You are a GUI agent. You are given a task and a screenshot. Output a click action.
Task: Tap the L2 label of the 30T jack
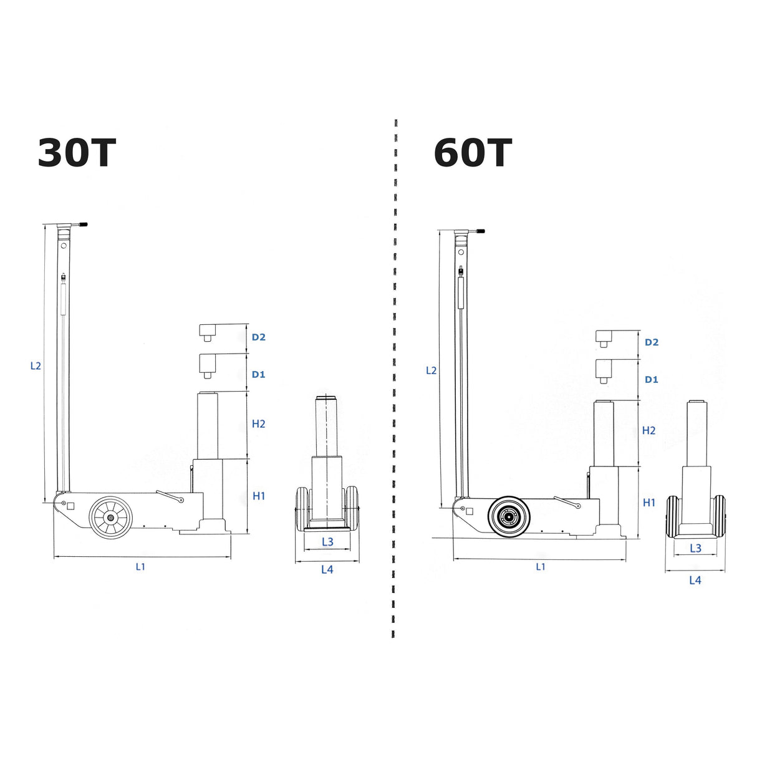click(x=36, y=366)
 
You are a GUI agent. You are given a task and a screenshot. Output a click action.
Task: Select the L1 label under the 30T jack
click(x=141, y=566)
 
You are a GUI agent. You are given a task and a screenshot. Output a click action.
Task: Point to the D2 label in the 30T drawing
click(x=259, y=337)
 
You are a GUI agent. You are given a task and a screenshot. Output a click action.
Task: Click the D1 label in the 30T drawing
click(x=259, y=374)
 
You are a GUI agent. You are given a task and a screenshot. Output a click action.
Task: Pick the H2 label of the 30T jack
click(x=259, y=424)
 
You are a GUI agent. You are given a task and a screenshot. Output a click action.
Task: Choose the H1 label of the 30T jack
click(x=259, y=496)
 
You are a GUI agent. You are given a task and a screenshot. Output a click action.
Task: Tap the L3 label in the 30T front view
click(x=327, y=542)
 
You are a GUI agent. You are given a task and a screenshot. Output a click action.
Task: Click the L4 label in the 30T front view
click(x=327, y=569)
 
